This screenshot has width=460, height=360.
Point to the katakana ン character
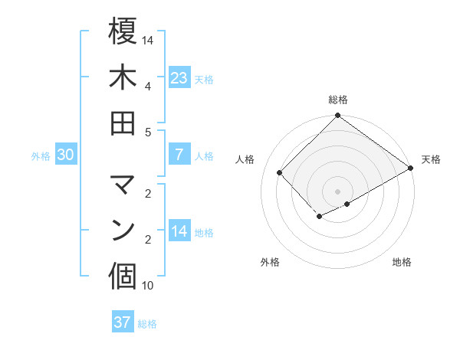click(x=123, y=230)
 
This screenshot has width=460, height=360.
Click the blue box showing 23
click(x=179, y=78)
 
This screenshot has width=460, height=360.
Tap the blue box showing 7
click(x=179, y=155)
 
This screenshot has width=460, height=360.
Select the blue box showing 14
click(x=179, y=231)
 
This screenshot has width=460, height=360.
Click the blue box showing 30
click(x=66, y=155)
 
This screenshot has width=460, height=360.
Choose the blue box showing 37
click(x=123, y=322)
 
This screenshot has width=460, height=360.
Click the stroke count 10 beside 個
click(x=148, y=286)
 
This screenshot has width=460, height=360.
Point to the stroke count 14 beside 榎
click(x=148, y=39)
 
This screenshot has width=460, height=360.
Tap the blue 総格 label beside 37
click(x=147, y=324)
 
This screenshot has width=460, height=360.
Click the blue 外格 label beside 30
click(x=41, y=156)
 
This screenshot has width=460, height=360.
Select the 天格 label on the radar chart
click(x=431, y=159)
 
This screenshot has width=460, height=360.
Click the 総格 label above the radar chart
click(x=337, y=100)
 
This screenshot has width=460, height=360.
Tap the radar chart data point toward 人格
click(x=280, y=172)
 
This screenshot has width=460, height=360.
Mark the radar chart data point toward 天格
click(x=410, y=169)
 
